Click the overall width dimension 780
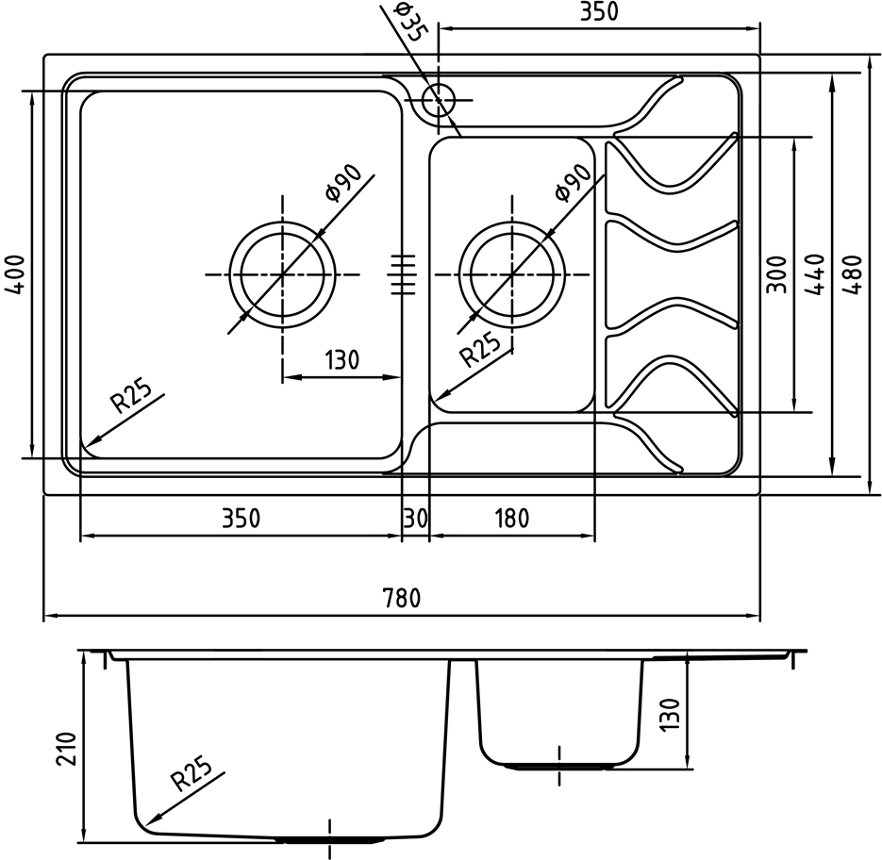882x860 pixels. [x=401, y=598]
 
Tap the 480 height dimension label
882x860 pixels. [x=854, y=274]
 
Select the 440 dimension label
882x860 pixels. [x=814, y=274]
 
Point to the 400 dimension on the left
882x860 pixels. [x=16, y=274]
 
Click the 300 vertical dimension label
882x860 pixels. [x=776, y=274]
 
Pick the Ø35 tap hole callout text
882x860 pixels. [x=408, y=23]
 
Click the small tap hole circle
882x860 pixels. [x=439, y=100]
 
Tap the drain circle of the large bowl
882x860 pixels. [x=282, y=274]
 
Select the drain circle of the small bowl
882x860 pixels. [x=512, y=274]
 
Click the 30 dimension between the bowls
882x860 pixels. [x=416, y=518]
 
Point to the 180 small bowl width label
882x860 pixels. [x=512, y=518]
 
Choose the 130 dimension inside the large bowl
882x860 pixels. [x=341, y=360]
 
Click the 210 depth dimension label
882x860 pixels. [x=66, y=749]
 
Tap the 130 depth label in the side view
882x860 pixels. [x=670, y=715]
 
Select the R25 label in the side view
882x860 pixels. [x=191, y=774]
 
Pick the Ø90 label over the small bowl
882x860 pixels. [x=572, y=182]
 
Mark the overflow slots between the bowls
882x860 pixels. [x=403, y=274]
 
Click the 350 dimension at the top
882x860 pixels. [x=599, y=11]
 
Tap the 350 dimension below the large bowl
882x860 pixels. [x=241, y=518]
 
